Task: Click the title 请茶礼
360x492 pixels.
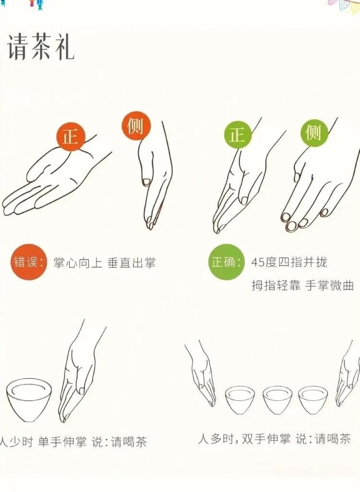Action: [40, 47]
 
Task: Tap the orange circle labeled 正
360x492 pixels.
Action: [71, 136]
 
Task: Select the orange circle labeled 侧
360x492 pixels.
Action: [136, 126]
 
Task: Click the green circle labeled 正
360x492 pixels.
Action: [238, 135]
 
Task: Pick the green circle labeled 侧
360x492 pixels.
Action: [314, 133]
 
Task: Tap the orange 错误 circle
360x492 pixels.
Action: [29, 262]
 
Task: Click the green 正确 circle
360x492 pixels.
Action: [226, 262]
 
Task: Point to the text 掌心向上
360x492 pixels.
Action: [78, 263]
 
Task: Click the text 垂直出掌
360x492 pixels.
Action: [132, 263]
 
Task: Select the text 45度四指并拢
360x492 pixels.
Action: [289, 262]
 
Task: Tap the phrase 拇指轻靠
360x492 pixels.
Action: [276, 285]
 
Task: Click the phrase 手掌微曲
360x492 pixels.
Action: [329, 285]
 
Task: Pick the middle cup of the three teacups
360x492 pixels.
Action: [277, 400]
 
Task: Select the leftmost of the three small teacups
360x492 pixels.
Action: [240, 400]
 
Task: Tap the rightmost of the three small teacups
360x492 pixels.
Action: [313, 400]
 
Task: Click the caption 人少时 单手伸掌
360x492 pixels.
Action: [43, 442]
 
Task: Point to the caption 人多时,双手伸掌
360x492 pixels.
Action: [244, 439]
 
